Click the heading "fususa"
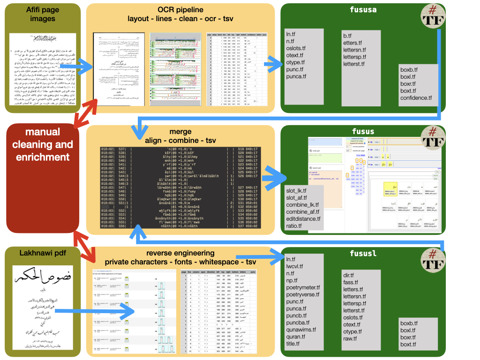tap(363, 9)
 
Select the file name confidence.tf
tap(416, 98)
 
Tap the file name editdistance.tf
tap(303, 218)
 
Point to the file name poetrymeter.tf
tap(303, 287)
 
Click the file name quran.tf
tap(296, 337)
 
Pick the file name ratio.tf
tap(294, 226)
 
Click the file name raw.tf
tap(350, 338)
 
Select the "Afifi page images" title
tap(36, 15)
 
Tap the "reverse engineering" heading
tap(180, 253)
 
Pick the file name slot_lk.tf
tap(296, 190)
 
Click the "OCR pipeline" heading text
tap(180, 10)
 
